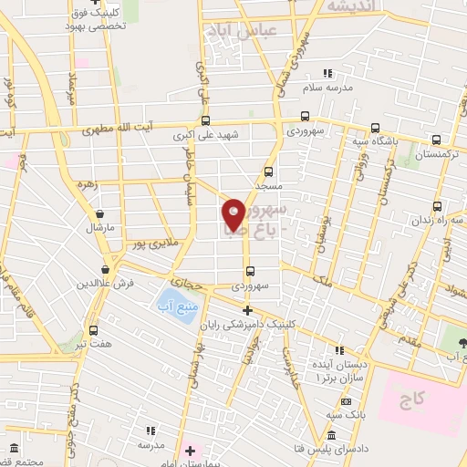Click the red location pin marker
pyautogui.click(x=233, y=214)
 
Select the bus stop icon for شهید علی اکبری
pyautogui.click(x=205, y=120)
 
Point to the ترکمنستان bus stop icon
pyautogui.click(x=437, y=140)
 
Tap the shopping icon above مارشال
pyautogui.click(x=97, y=213)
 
